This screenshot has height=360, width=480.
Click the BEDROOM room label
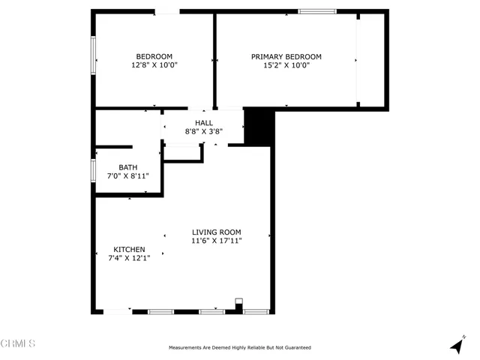154,56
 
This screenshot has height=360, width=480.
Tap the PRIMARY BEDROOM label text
286,56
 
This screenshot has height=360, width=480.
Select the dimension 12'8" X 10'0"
154,65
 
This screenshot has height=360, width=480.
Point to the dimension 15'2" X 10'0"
286,65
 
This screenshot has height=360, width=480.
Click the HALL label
204,123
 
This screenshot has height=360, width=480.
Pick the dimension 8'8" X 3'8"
204,132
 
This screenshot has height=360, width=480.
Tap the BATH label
127,167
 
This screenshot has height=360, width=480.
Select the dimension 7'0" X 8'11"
127,176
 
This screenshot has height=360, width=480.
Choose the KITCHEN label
129,249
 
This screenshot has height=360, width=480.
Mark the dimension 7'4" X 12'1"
129,258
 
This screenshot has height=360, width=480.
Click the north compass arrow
455,345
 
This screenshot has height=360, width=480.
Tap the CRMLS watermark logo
18,344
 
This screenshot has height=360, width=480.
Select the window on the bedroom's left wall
93,56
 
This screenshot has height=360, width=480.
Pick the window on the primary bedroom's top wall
316,11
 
